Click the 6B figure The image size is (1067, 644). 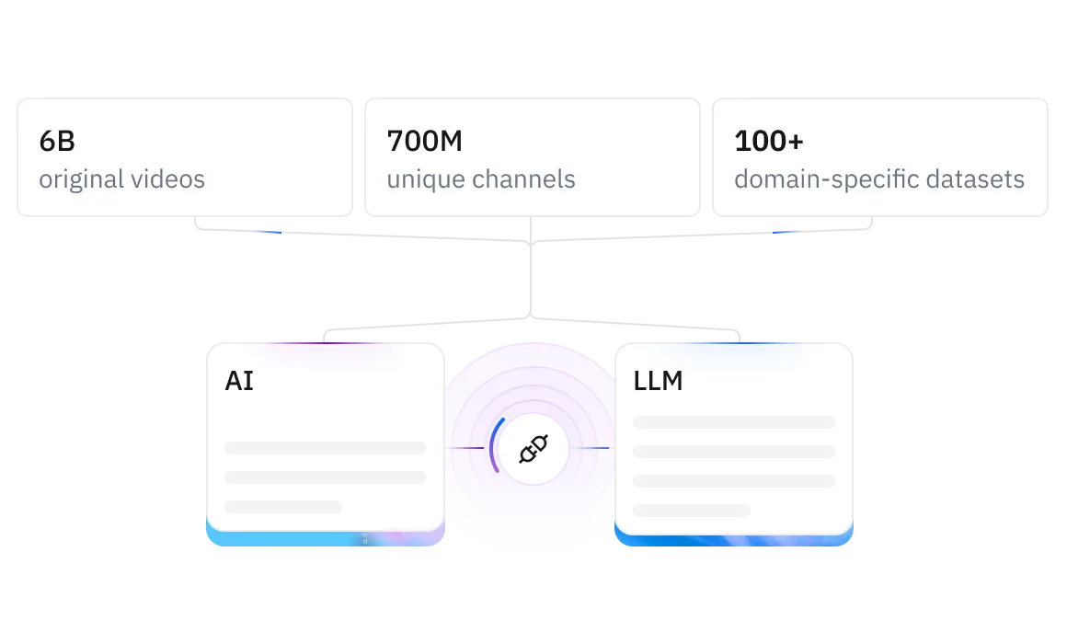click(57, 142)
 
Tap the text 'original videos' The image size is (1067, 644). click(121, 178)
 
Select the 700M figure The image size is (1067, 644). click(424, 142)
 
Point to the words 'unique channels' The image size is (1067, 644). click(480, 178)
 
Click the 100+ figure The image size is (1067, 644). click(769, 142)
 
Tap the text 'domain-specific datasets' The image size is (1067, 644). click(878, 178)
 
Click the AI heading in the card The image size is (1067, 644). click(239, 381)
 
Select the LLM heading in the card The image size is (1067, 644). click(658, 381)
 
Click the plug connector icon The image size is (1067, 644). click(533, 449)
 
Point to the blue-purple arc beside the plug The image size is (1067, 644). click(494, 445)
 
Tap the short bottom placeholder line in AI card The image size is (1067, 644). click(283, 507)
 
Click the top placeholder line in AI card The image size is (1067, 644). click(326, 448)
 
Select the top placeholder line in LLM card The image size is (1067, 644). click(734, 422)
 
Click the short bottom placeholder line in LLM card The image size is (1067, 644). click(692, 511)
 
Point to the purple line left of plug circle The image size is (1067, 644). click(466, 449)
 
